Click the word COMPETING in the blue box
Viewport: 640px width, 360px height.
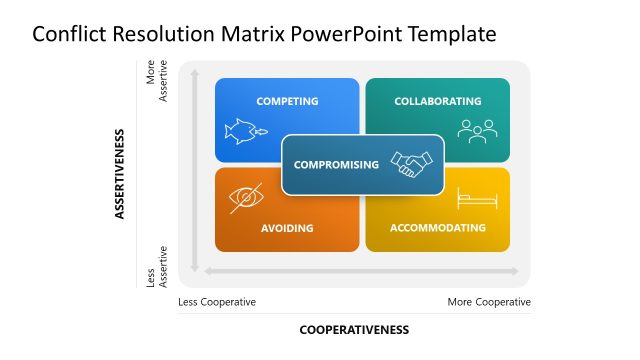pyautogui.click(x=287, y=101)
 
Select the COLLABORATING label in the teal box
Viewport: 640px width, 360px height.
pyautogui.click(x=437, y=101)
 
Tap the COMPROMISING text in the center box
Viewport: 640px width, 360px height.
pyautogui.click(x=337, y=165)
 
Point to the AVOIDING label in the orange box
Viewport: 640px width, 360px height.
pyautogui.click(x=287, y=228)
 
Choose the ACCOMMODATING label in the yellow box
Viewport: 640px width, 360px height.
pyautogui.click(x=437, y=228)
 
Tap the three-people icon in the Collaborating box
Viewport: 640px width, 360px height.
pyautogui.click(x=477, y=130)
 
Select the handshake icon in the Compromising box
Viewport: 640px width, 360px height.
pyautogui.click(x=411, y=164)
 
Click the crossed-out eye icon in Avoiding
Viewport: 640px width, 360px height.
pyautogui.click(x=246, y=197)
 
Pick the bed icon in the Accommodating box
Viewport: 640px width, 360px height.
pyautogui.click(x=477, y=198)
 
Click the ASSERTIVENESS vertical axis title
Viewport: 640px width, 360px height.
pyautogui.click(x=120, y=173)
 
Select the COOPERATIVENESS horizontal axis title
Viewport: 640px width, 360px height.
pyautogui.click(x=354, y=329)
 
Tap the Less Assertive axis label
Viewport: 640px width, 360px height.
pyautogui.click(x=158, y=266)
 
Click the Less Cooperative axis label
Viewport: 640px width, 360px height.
pyautogui.click(x=217, y=302)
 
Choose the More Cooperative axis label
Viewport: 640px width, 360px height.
pyautogui.click(x=489, y=302)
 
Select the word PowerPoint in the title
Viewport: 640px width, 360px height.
pyautogui.click(x=341, y=34)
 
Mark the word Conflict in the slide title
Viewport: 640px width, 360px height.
pyautogui.click(x=66, y=34)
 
